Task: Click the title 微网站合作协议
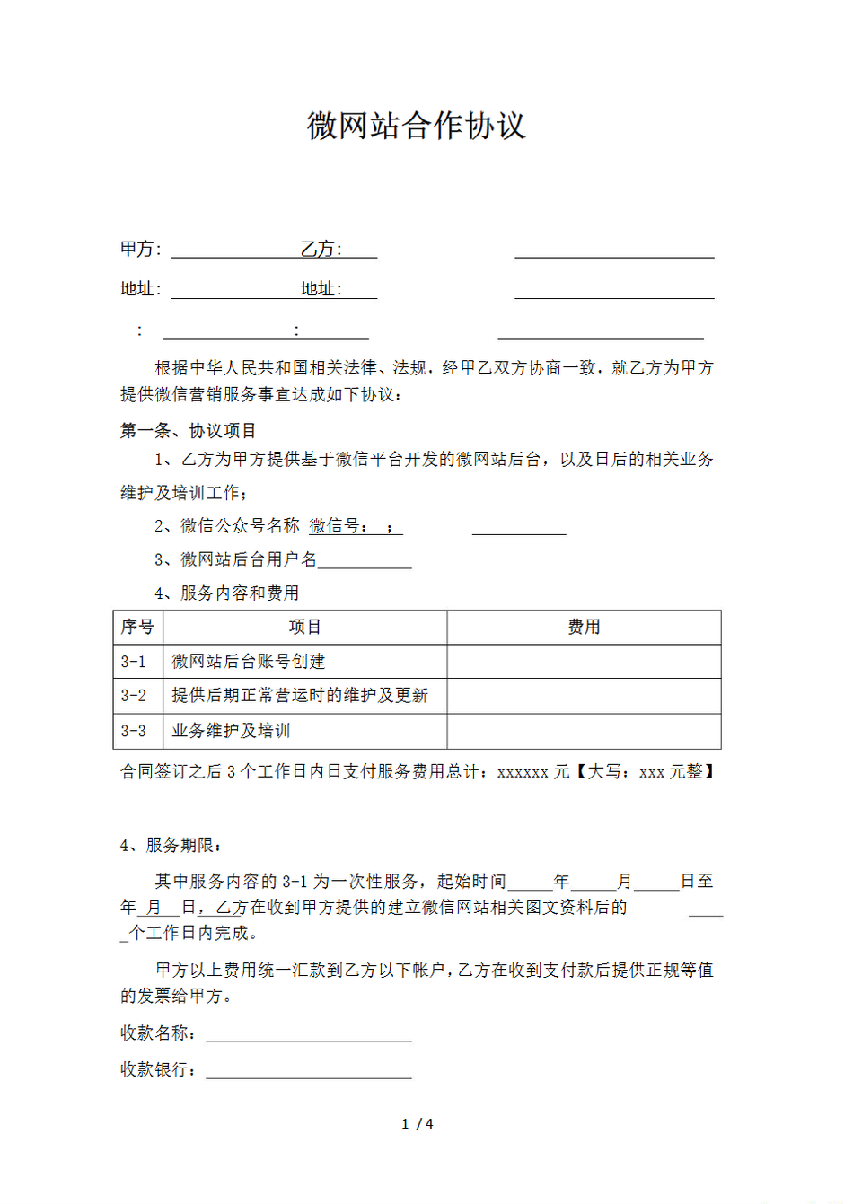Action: click(416, 126)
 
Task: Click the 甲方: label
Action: click(140, 249)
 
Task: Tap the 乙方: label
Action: click(321, 249)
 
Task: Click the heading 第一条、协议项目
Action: click(189, 431)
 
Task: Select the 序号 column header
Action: click(137, 627)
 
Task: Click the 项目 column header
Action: click(304, 627)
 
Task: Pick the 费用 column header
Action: click(584, 627)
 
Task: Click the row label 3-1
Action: click(134, 662)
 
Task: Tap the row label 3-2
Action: click(134, 696)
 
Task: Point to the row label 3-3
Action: click(134, 731)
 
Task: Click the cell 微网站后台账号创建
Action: click(249, 662)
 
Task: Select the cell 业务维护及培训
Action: click(231, 731)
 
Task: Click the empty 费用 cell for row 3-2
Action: click(584, 696)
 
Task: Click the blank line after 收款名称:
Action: click(309, 1034)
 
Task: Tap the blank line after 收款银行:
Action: click(309, 1070)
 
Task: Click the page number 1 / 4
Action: click(418, 1124)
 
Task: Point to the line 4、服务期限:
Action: click(171, 846)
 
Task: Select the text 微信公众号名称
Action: click(240, 526)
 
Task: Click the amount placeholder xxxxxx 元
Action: click(533, 772)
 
